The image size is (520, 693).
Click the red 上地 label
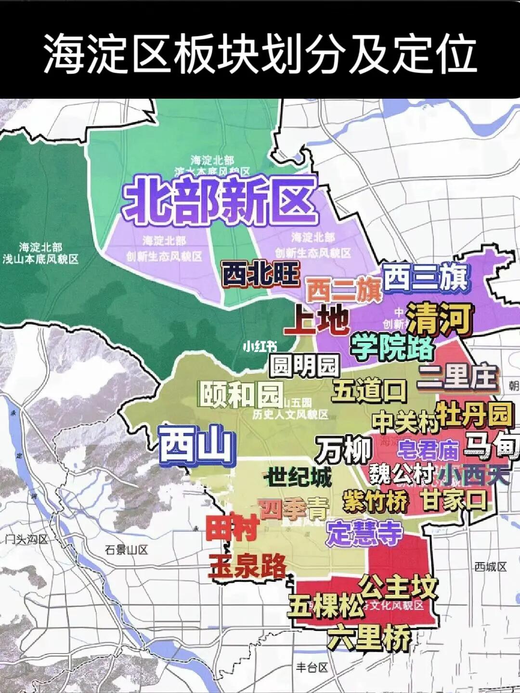coord(316,320)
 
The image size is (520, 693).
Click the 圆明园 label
coord(305,366)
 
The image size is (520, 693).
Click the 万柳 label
coord(344,450)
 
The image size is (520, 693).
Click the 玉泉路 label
coord(247,566)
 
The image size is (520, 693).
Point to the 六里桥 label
coord(370,637)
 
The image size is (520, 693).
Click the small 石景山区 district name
coord(126,549)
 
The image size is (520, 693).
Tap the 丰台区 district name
coord(312,667)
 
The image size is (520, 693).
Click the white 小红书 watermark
coord(260,346)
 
